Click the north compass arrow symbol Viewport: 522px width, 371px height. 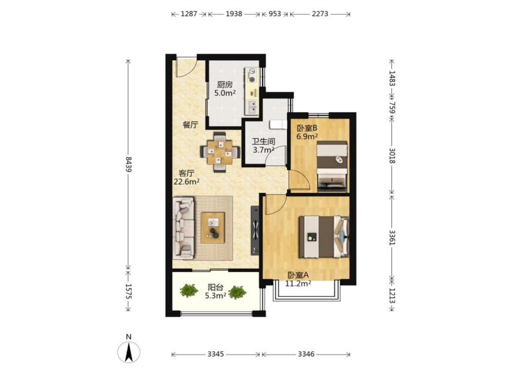(x=129, y=352)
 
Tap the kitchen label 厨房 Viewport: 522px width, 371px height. (x=225, y=85)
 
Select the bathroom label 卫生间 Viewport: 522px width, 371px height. (x=264, y=141)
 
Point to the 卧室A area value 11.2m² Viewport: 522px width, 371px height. (x=298, y=283)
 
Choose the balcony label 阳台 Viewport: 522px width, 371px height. (x=215, y=287)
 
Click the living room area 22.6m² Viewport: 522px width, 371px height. (x=187, y=182)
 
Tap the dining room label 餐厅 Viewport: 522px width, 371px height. (x=190, y=125)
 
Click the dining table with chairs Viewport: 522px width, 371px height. (x=220, y=152)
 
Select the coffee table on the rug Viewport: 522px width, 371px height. (x=213, y=228)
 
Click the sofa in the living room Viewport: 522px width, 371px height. (x=183, y=228)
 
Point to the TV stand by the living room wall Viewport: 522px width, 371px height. (x=255, y=230)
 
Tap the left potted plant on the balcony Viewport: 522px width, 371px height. (x=189, y=290)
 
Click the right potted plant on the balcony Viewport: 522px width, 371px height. (x=237, y=292)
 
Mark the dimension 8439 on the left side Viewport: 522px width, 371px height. (x=129, y=164)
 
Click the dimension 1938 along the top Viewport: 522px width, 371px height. (x=234, y=14)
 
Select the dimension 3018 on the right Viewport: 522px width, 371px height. (x=392, y=156)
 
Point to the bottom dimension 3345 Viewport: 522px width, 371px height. (x=216, y=354)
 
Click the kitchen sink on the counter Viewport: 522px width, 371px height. (x=252, y=107)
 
